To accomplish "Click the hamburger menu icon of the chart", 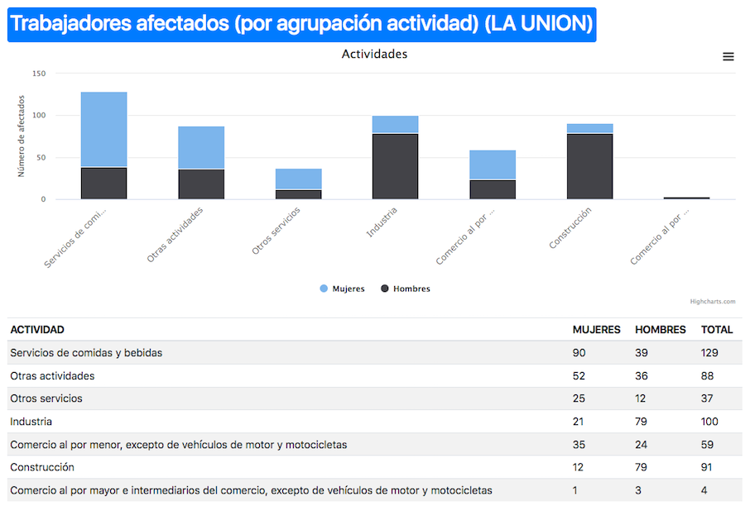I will [x=728, y=56].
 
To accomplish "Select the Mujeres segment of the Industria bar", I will [x=395, y=124].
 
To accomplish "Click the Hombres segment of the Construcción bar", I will [x=589, y=166].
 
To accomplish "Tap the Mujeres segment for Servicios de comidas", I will [x=103, y=129].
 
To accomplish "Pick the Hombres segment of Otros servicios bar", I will [x=298, y=194].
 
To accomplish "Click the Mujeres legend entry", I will [x=342, y=289].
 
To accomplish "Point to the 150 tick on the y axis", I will [x=39, y=74].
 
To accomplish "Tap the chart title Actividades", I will [x=374, y=55].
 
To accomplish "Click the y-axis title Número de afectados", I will [x=22, y=136].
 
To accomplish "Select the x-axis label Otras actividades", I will [x=175, y=234].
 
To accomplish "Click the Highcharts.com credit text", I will [x=712, y=302].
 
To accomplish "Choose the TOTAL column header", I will [x=717, y=329].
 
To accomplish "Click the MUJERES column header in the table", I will [x=596, y=329].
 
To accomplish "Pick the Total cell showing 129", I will [x=709, y=352].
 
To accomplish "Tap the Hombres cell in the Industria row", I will [x=642, y=422].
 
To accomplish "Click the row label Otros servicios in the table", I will [x=46, y=399].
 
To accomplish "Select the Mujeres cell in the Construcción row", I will [x=578, y=467].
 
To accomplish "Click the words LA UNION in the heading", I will [x=538, y=24].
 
